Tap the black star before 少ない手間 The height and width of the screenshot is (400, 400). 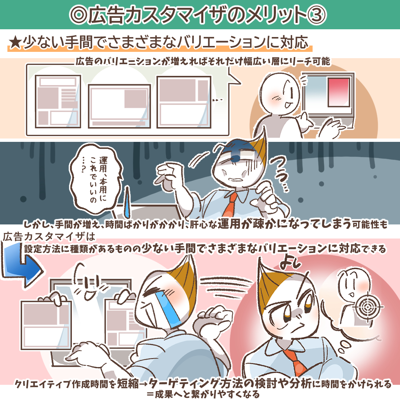(15, 42)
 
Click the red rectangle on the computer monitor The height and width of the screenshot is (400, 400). (339, 92)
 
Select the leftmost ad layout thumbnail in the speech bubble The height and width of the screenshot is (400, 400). (58, 101)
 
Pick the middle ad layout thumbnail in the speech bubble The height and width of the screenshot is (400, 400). (119, 106)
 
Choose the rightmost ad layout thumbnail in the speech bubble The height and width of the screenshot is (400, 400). (184, 102)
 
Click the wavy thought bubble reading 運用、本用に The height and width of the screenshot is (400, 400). (96, 179)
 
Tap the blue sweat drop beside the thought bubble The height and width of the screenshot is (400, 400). (127, 202)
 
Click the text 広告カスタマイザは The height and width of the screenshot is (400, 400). (49, 237)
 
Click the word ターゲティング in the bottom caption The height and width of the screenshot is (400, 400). (184, 383)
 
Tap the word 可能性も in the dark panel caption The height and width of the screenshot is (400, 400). (370, 224)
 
